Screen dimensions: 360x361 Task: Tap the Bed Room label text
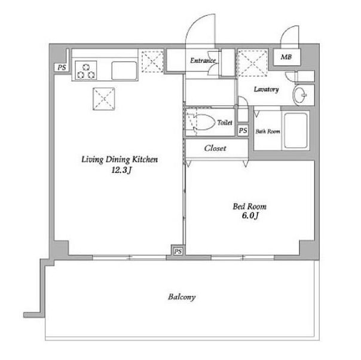click(x=246, y=207)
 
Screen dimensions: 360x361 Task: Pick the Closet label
click(x=215, y=148)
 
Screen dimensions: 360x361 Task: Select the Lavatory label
click(x=266, y=90)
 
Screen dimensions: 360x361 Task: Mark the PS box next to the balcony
click(x=178, y=251)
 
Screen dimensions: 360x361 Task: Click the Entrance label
click(x=202, y=60)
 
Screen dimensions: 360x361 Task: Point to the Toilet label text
click(x=225, y=123)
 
